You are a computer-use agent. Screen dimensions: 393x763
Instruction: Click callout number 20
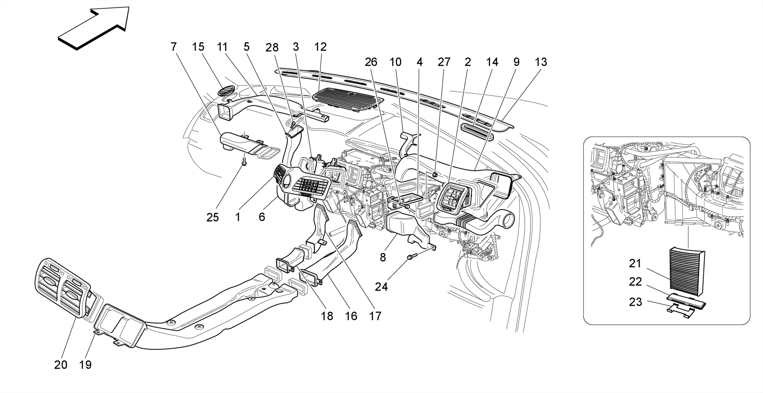[x=61, y=365]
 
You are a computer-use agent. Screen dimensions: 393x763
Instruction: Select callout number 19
[x=85, y=365]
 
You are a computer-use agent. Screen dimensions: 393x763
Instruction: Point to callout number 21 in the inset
[x=635, y=264]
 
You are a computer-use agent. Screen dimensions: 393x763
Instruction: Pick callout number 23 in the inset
[x=635, y=302]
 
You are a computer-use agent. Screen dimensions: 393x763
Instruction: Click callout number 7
[x=173, y=47]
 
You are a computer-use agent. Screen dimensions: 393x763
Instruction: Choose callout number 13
[x=541, y=62]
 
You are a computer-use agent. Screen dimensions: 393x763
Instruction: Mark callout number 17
[x=375, y=316]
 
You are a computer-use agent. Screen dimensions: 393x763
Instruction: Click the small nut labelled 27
[x=435, y=174]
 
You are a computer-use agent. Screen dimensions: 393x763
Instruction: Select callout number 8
[x=383, y=257]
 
